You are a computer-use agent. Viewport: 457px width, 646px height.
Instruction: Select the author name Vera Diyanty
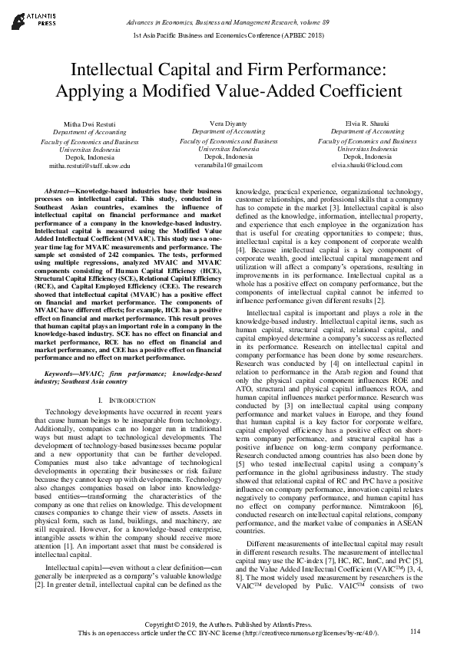(228, 123)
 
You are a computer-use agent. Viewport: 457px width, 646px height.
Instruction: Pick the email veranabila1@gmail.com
(228, 165)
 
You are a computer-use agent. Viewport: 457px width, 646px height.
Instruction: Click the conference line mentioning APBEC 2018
(228, 36)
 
